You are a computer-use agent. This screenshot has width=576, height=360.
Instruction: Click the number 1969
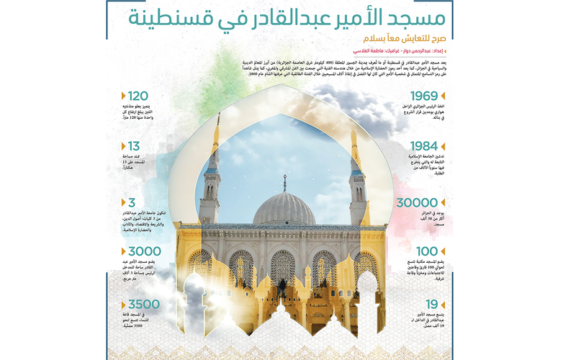[425, 96]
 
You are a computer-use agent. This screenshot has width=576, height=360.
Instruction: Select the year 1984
[424, 147]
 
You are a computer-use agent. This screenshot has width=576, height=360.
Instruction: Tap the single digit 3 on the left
[131, 203]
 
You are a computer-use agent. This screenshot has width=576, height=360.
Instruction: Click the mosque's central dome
[284, 209]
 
